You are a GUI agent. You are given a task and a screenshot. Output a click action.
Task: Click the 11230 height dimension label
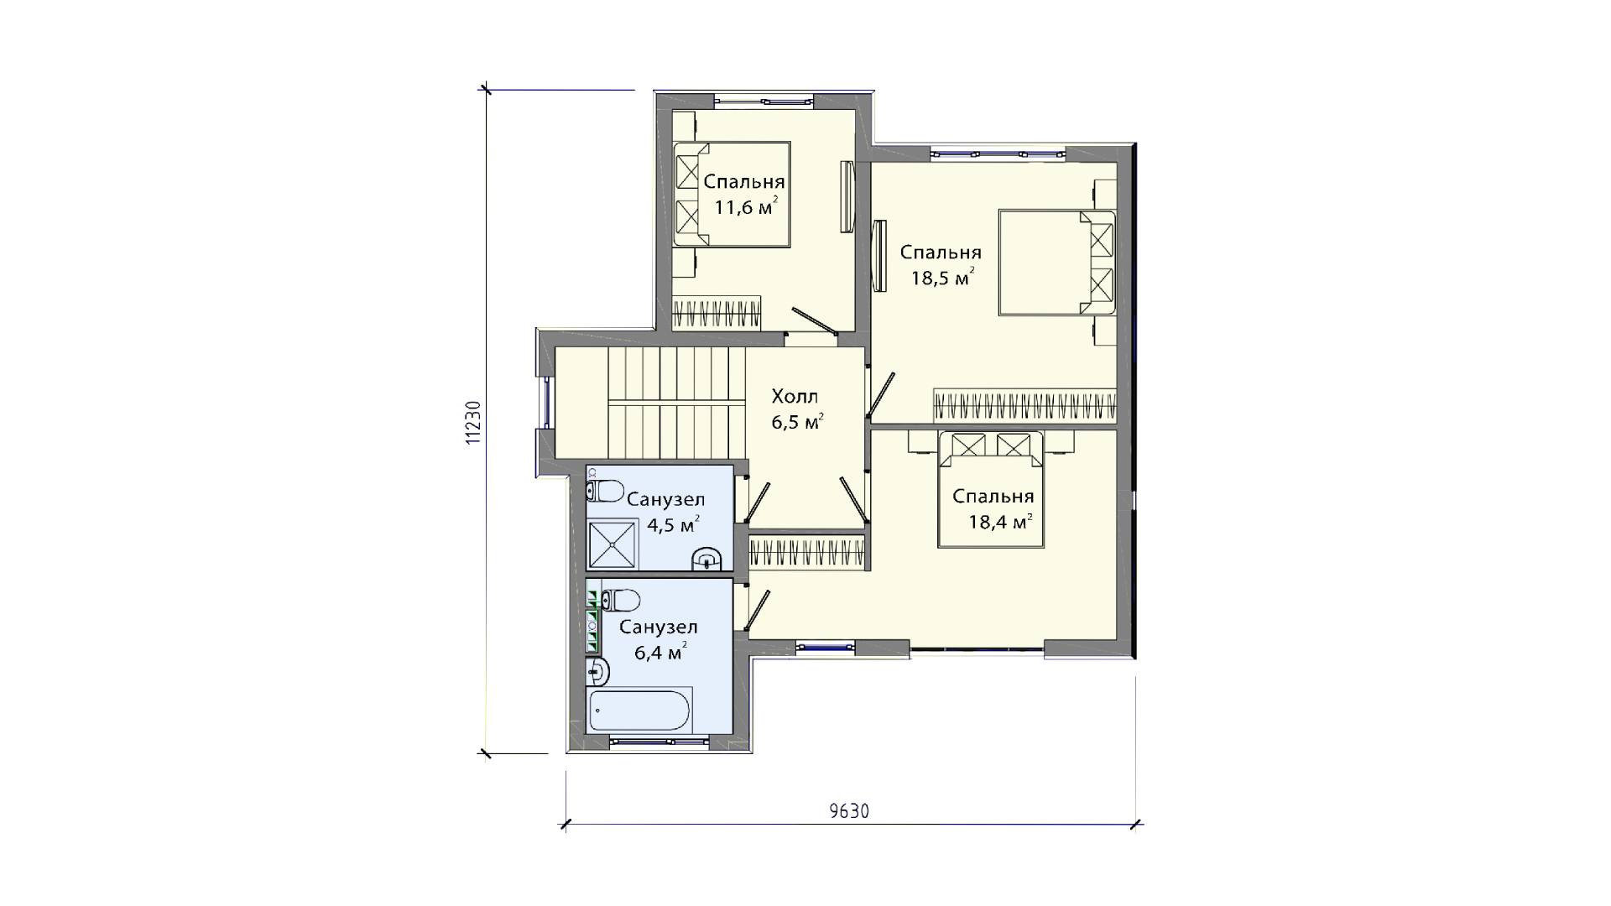point(474,422)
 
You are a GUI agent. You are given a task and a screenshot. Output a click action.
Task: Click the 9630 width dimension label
point(849,811)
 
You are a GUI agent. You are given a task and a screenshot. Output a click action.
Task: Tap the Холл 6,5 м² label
point(795,409)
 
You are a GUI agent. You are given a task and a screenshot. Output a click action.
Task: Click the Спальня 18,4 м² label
point(993,509)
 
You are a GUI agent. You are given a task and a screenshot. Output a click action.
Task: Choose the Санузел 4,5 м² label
point(666,513)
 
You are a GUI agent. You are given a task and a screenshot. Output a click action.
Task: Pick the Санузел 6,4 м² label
point(659,640)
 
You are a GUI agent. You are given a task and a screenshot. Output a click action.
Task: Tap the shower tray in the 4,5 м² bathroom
point(613,545)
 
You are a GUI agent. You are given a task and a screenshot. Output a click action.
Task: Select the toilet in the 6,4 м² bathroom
point(620,600)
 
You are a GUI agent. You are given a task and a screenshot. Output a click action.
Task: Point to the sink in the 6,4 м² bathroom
point(598,670)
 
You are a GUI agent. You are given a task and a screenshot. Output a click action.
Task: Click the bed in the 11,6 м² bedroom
point(733,195)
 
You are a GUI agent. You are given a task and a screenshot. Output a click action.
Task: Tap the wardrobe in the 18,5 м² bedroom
point(1026,406)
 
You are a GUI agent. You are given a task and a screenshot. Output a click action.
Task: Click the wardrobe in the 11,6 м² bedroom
point(717,312)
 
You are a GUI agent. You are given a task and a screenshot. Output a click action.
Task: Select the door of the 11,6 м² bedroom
point(814,320)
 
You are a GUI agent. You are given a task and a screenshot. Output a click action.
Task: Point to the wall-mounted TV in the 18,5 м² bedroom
point(879,256)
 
